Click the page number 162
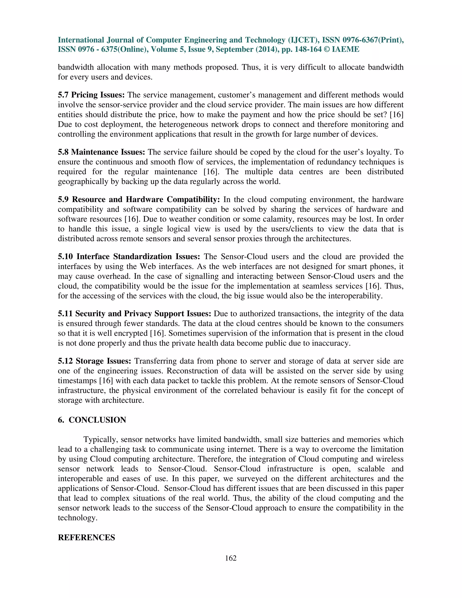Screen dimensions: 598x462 231,558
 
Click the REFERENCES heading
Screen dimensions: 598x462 86,537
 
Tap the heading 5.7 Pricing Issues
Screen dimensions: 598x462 91,95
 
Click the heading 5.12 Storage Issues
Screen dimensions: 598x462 95,361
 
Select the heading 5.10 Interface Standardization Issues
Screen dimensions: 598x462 129,257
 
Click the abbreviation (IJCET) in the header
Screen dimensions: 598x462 303,40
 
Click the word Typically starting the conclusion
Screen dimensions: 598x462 100,439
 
